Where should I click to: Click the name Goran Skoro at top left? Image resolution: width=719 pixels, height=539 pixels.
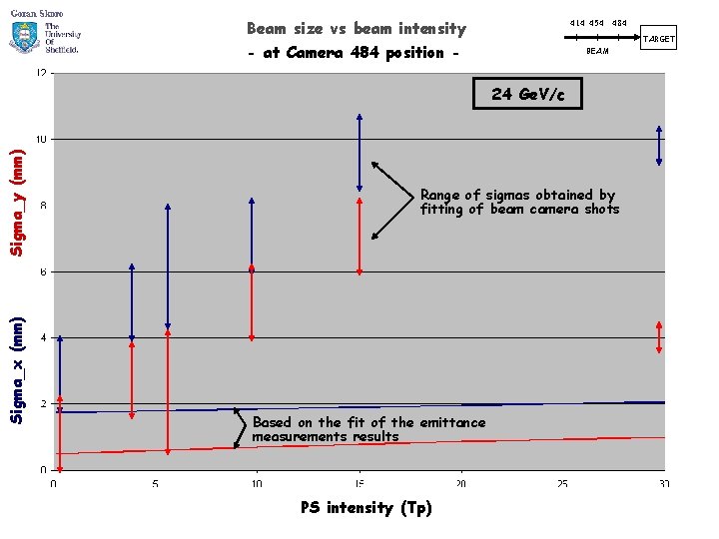click(37, 12)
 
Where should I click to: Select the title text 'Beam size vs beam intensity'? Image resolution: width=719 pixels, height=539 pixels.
click(356, 29)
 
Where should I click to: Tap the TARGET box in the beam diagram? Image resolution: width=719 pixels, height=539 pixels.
click(658, 39)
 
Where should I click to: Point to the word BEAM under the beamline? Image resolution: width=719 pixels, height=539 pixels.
click(597, 51)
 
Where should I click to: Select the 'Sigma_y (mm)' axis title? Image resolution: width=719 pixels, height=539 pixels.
click(15, 202)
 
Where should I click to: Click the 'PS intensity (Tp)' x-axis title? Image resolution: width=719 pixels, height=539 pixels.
click(365, 508)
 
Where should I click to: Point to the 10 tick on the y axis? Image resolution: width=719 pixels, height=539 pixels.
click(43, 140)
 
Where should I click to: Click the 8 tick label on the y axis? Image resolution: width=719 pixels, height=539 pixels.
click(43, 206)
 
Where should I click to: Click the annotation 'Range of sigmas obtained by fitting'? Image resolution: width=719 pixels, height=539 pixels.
click(519, 202)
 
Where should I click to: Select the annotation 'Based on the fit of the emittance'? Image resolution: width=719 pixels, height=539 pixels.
click(368, 429)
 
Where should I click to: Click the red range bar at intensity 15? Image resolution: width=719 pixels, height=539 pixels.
click(359, 236)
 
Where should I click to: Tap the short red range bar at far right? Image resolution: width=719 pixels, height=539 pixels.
click(659, 336)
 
